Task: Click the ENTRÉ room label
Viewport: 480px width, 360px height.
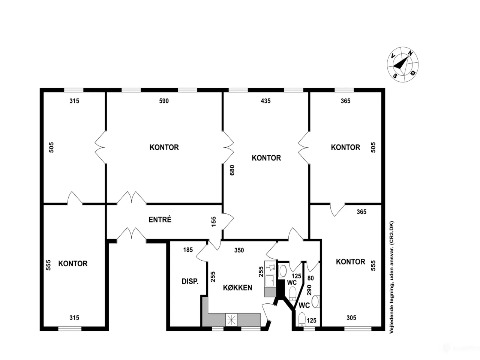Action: [x=160, y=219]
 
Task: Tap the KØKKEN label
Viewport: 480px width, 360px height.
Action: [x=237, y=287]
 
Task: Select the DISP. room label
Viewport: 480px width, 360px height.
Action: [x=190, y=281]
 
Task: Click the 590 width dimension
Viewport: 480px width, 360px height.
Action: [x=164, y=101]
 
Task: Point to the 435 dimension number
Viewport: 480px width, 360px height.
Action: [x=265, y=101]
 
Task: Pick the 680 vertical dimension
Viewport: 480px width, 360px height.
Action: [x=232, y=170]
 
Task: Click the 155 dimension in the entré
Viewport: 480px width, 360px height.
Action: [x=214, y=221]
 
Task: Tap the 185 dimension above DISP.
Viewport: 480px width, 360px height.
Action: [x=188, y=250]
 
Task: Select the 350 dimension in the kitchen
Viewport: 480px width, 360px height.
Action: [x=239, y=250]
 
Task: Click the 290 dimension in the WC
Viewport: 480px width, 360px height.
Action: [x=309, y=290]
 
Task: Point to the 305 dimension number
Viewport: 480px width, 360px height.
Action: [x=351, y=318]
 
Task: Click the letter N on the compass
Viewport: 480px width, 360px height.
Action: [x=410, y=53]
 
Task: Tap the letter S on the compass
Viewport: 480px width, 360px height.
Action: [x=395, y=76]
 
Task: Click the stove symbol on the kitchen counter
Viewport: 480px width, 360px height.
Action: [x=231, y=320]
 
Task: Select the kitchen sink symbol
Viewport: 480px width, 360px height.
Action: [x=270, y=280]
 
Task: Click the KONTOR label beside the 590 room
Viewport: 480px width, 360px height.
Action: [x=164, y=147]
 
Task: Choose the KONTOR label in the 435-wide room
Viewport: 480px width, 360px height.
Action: [x=266, y=157]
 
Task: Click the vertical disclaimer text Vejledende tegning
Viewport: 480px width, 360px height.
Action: [x=391, y=277]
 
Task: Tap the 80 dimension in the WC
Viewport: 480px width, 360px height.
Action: [x=310, y=278]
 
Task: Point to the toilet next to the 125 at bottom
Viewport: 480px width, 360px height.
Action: [x=302, y=319]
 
